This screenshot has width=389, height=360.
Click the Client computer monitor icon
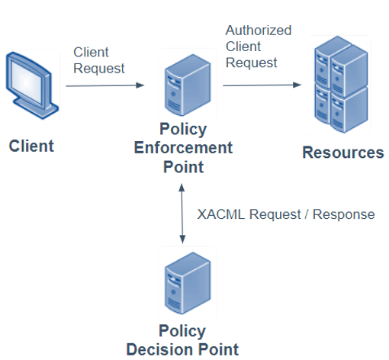[x=32, y=85]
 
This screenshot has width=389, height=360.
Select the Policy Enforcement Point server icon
[x=188, y=85]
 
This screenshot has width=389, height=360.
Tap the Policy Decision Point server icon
[x=188, y=283]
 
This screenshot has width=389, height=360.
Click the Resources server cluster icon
[x=341, y=85]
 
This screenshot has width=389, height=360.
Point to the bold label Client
[x=31, y=146]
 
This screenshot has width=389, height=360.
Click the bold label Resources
[x=343, y=153]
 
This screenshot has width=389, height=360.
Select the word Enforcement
[x=183, y=148]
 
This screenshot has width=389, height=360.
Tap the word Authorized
[x=259, y=31]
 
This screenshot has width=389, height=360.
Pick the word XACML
[x=221, y=214]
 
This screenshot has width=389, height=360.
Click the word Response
[x=343, y=214]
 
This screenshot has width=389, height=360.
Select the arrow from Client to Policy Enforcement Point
[x=105, y=85]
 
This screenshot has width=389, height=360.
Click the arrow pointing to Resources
[x=262, y=85]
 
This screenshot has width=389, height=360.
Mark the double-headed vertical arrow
[x=182, y=214]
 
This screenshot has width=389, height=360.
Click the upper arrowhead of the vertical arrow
[x=182, y=188]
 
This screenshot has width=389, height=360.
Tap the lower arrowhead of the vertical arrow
[x=182, y=239]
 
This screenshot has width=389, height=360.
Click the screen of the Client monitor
[x=26, y=82]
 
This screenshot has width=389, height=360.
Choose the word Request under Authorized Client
[x=251, y=63]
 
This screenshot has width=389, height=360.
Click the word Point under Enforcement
[x=183, y=167]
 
